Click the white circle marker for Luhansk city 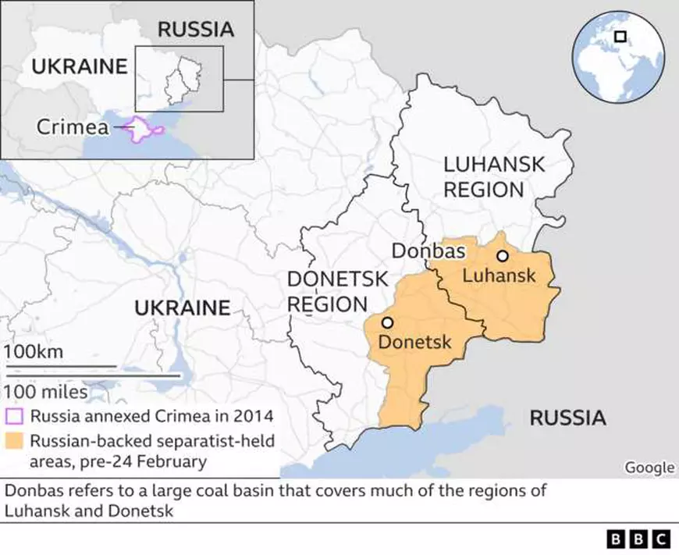click(502, 256)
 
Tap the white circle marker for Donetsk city click(387, 322)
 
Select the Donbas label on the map click(428, 251)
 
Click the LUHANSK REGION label click(484, 176)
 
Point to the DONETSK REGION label click(327, 291)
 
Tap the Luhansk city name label click(499, 276)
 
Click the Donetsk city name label click(415, 341)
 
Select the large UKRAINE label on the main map click(183, 308)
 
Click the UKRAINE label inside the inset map click(79, 66)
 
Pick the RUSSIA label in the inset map click(195, 30)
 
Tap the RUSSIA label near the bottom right click(567, 418)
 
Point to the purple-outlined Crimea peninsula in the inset click(142, 130)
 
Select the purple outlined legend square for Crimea click(14, 415)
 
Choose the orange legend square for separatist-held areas click(14, 442)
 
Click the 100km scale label click(34, 351)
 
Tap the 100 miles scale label click(46, 390)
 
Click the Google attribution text click(649, 468)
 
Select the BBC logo click(638, 539)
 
